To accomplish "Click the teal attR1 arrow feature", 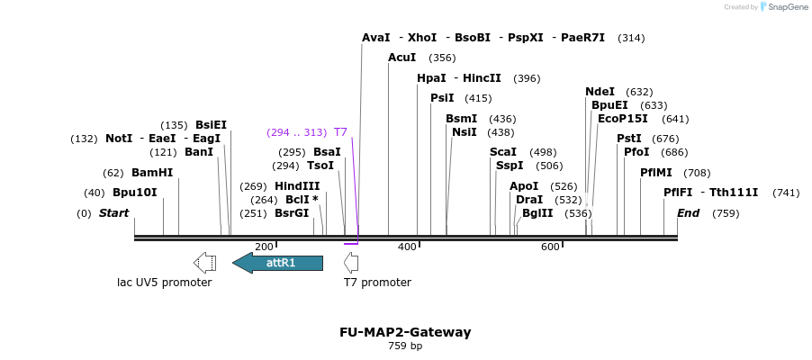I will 278,263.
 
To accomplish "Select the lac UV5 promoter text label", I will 165,283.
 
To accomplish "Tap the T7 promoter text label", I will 377,283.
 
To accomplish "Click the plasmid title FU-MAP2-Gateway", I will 405,332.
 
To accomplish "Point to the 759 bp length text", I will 405,346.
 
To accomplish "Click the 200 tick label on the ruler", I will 264,247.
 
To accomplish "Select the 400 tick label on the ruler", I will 407,247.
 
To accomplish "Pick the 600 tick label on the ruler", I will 550,247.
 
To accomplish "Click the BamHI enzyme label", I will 152,173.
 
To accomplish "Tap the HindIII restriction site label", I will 297,186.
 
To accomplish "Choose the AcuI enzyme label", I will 401,58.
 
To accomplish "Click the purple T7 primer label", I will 340,132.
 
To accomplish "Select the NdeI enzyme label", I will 600,92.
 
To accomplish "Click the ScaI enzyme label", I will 503,152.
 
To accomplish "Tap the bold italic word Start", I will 113,213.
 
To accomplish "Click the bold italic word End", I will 689,213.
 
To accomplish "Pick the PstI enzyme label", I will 629,139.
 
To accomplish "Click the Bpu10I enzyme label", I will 135,193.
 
